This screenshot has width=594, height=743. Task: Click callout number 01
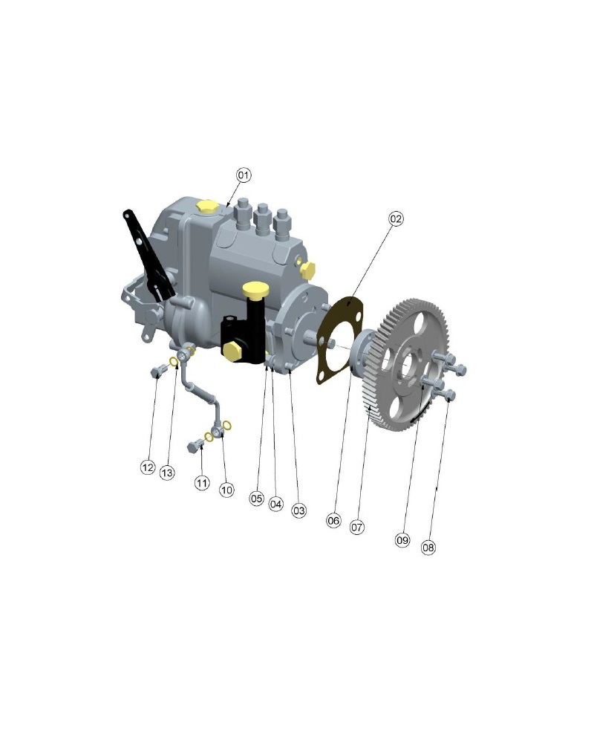click(244, 175)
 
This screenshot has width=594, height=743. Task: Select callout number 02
click(396, 218)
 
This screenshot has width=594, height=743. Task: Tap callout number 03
click(299, 510)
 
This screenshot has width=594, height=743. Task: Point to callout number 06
click(333, 521)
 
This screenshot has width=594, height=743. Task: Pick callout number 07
click(357, 527)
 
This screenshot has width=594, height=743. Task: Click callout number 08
click(428, 548)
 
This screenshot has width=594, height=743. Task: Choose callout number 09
click(402, 539)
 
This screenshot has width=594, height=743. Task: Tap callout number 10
click(227, 490)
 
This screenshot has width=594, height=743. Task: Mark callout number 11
click(202, 483)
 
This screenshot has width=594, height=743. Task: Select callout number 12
click(148, 467)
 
